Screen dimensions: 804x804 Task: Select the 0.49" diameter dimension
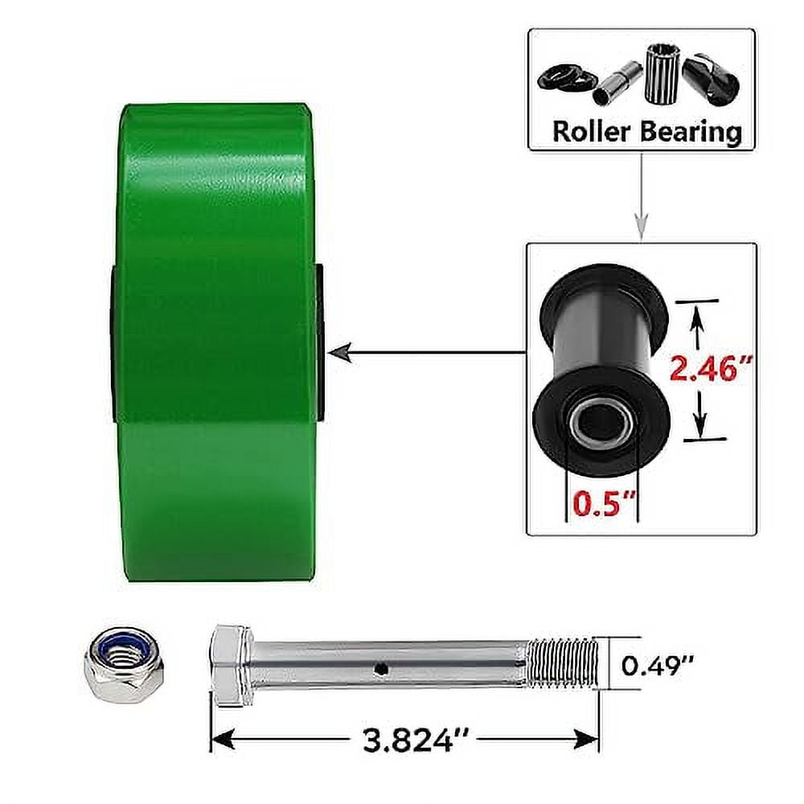(x=658, y=664)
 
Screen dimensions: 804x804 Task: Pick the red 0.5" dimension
(x=602, y=504)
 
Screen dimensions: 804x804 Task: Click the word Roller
(x=592, y=132)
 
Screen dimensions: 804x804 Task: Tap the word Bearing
(x=691, y=132)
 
